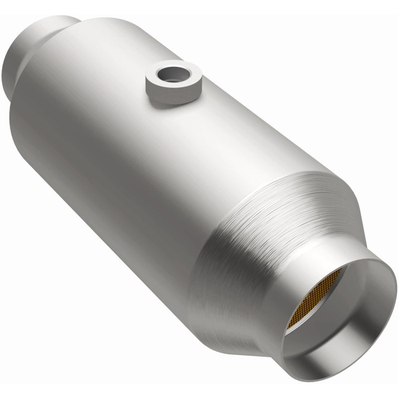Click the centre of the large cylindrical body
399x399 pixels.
click(150, 150)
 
